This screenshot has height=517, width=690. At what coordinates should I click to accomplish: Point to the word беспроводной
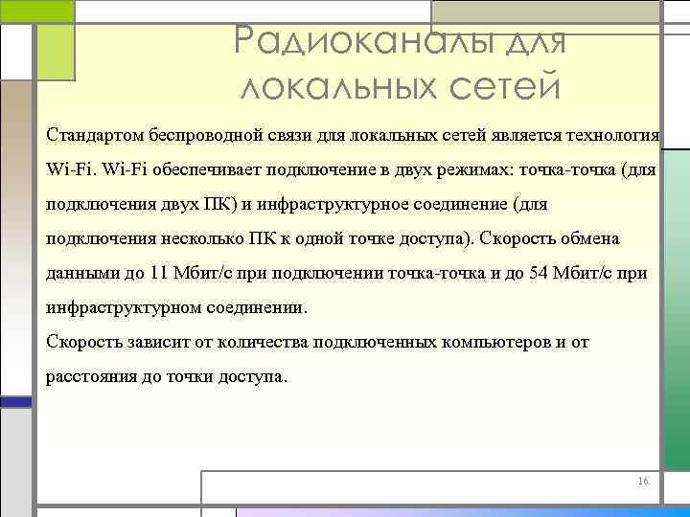198,135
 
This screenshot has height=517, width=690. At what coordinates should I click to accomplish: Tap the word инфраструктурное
332,204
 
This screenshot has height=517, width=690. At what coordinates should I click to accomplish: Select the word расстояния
91,376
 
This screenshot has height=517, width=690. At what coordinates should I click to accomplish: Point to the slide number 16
642,481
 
